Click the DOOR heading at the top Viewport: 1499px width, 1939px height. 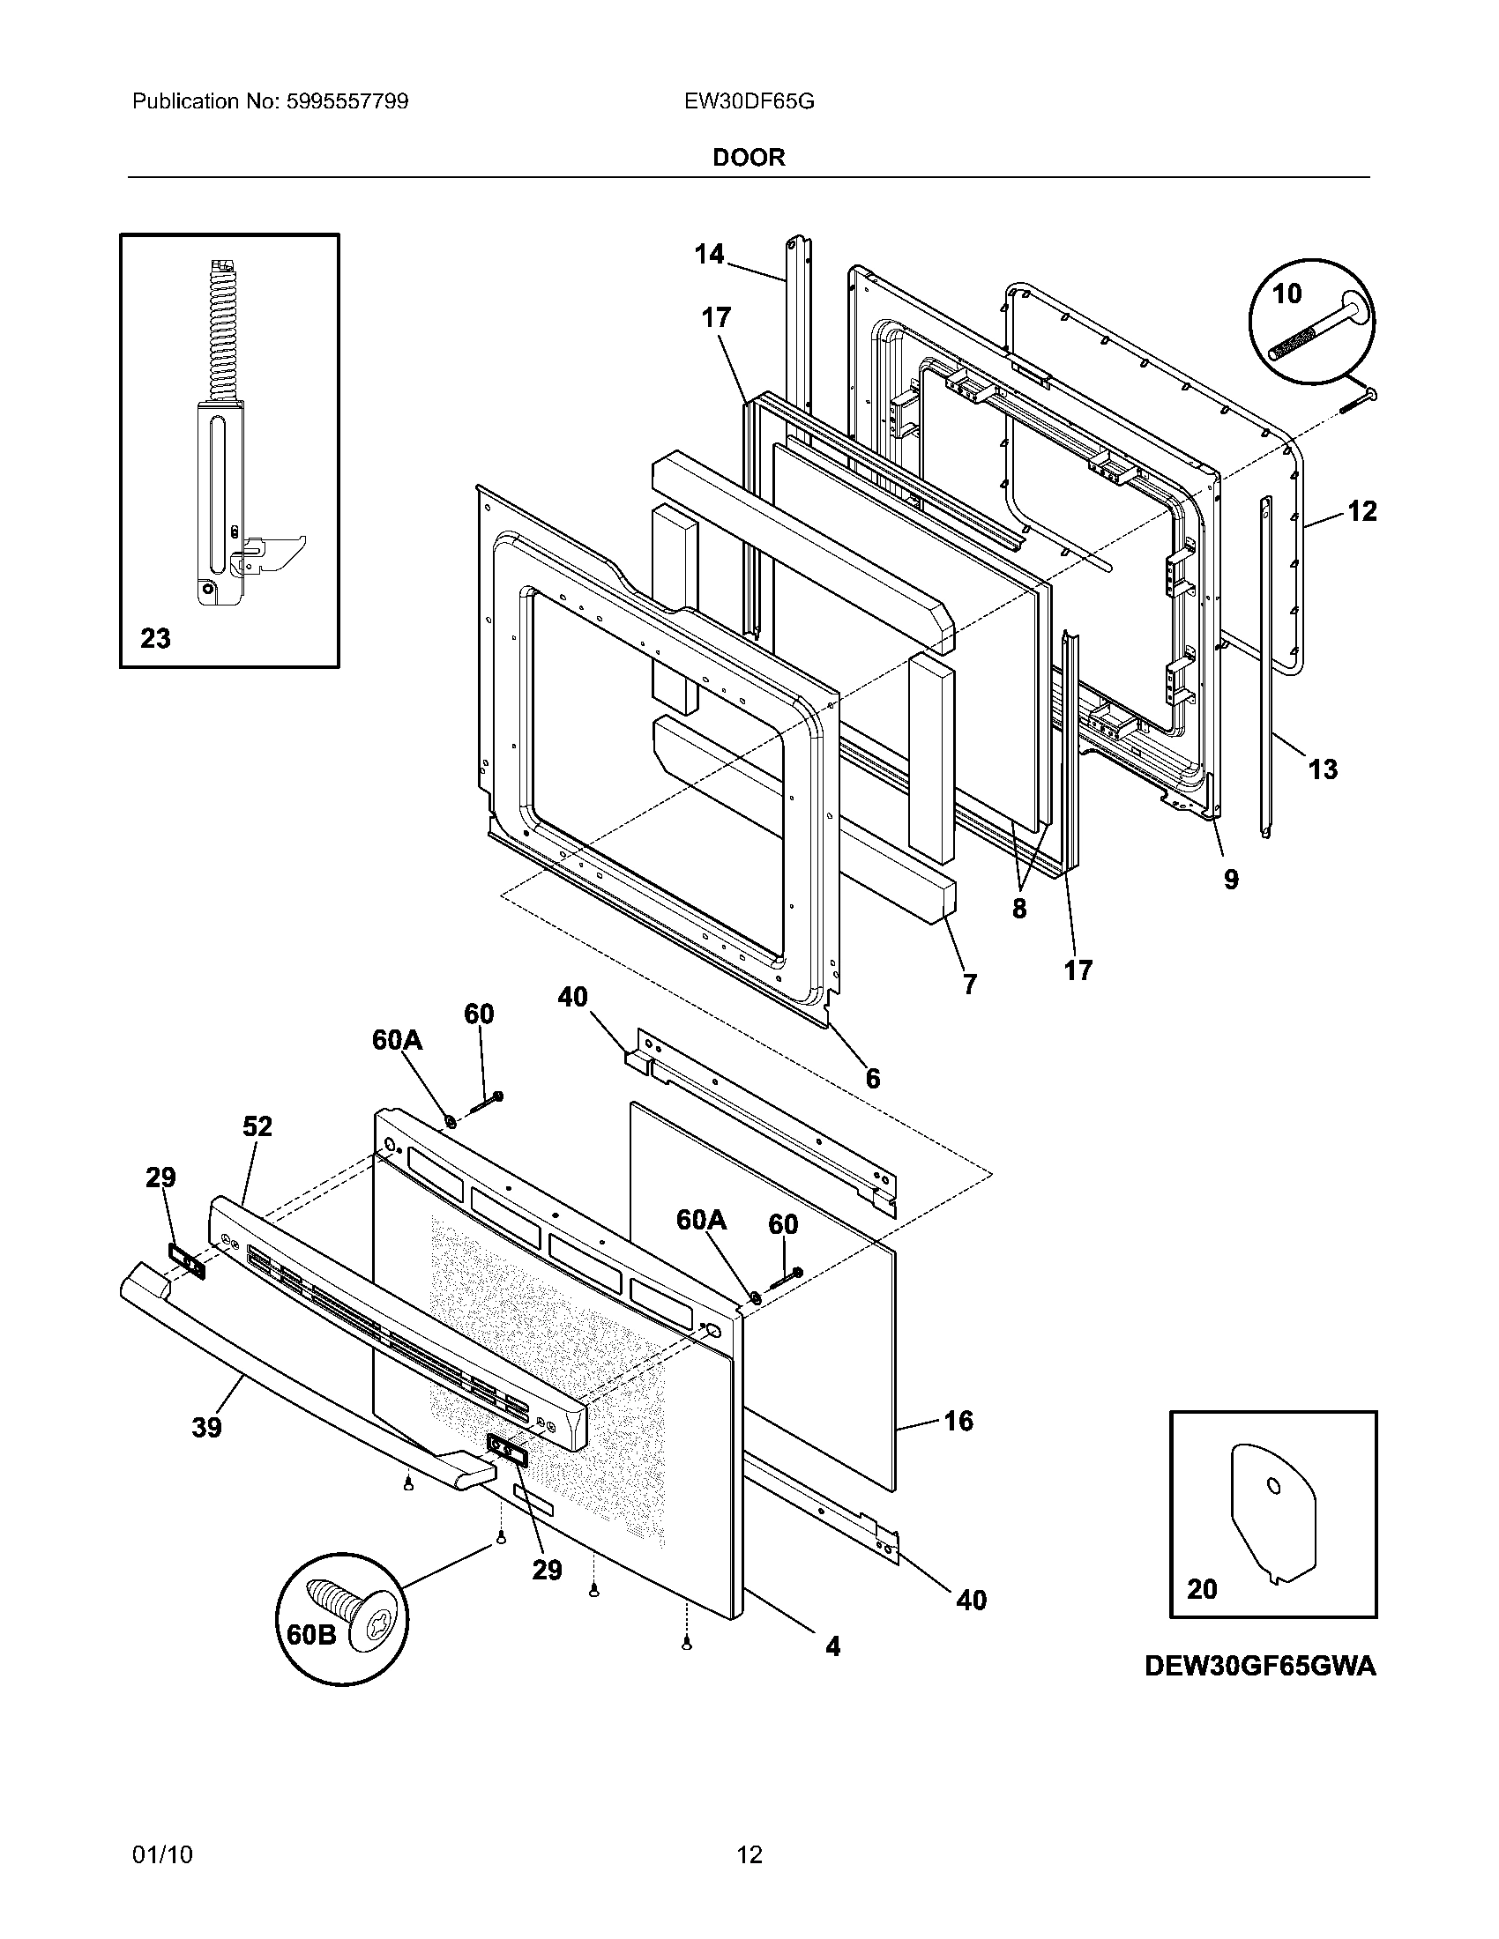pos(749,158)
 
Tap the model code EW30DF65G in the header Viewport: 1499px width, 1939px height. pos(749,101)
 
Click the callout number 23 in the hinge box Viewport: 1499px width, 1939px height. pos(155,638)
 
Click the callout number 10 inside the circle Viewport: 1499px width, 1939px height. pos(1286,293)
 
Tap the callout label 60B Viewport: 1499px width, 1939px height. pos(310,1634)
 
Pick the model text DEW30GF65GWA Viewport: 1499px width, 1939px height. pos(1260,1667)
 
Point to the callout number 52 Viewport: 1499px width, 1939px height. pos(257,1126)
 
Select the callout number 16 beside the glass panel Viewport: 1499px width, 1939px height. pos(958,1421)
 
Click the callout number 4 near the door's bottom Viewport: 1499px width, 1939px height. pos(832,1647)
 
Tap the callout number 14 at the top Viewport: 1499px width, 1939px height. pos(709,255)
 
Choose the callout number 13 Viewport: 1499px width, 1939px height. pos(1323,769)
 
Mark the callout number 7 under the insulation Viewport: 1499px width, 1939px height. pos(970,984)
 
